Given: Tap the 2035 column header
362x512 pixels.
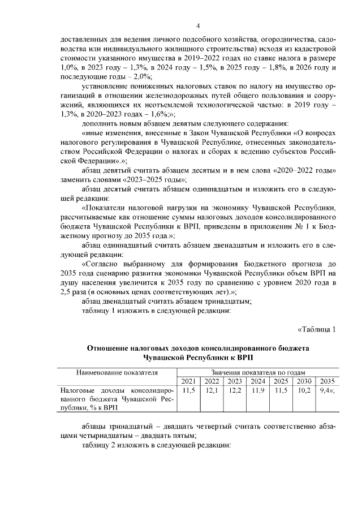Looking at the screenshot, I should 326,381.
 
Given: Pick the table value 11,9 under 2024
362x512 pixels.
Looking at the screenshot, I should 257,390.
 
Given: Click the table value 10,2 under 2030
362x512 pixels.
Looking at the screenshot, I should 304,390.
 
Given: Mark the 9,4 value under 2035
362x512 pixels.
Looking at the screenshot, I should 325,390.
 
